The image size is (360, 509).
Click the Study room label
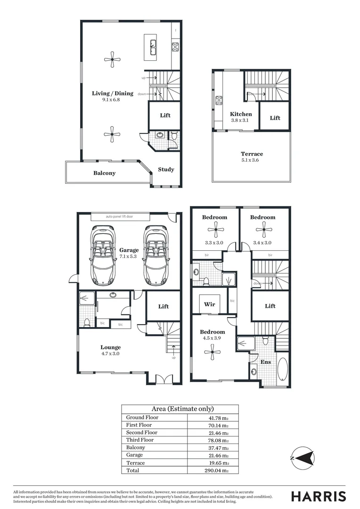166,170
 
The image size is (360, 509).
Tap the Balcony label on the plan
104,173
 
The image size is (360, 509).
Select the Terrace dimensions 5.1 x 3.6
252,160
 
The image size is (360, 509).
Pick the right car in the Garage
155,253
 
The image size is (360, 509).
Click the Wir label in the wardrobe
210,304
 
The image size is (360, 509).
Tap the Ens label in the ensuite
265,362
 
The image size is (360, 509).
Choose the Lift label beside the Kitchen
275,118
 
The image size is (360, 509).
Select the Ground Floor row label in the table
142,418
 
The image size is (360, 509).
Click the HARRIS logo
319,496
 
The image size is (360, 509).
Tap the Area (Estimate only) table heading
180,409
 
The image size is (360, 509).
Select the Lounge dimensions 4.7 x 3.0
110,353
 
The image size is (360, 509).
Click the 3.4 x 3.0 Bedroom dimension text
262,243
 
